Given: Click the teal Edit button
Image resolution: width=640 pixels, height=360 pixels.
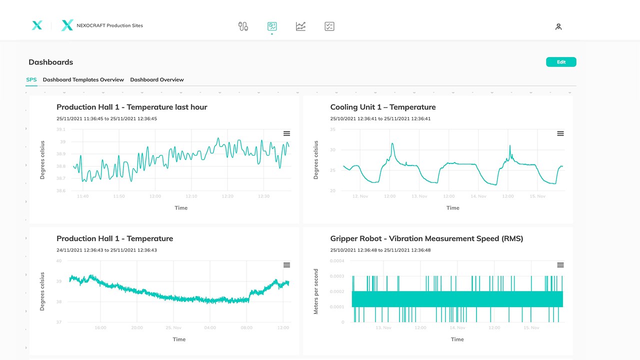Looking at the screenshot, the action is pos(561,62).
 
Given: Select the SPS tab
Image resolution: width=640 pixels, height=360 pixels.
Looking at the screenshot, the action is pos(31,79).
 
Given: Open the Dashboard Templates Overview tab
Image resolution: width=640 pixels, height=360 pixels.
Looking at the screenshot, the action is pos(83,79).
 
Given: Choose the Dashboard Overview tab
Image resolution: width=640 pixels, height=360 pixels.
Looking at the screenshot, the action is pos(157,79).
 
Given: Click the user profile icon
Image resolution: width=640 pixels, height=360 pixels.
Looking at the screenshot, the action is pos(558,26).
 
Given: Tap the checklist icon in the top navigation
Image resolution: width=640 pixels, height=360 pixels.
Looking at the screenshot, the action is pos(329,26).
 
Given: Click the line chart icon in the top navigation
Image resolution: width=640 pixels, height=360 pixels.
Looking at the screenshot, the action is pos(300,26).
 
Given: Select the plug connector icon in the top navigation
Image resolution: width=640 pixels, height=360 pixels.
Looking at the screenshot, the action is pos(243,26).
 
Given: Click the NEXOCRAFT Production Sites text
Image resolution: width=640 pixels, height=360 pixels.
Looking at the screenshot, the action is pos(109,25).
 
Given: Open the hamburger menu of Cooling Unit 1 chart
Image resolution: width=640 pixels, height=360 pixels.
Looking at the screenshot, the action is pos(560,133).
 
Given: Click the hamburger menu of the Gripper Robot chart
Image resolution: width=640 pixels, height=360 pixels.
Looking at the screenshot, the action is pos(560,265).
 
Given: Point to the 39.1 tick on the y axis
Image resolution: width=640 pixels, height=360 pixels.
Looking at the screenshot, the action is pos(61,129).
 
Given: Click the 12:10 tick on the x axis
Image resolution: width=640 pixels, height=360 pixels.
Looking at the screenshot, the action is pos(191,196).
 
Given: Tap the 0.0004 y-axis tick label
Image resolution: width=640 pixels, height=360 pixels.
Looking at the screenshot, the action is pos(337,261).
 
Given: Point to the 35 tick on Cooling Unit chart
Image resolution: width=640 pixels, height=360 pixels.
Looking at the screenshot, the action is pos(332,129).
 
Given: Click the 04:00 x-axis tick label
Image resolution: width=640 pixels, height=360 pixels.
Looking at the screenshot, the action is pos(210,327).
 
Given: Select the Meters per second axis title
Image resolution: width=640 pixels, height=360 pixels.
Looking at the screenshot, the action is pos(315,291).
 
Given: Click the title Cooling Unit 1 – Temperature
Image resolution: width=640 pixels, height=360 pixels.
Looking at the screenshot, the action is pos(383,107).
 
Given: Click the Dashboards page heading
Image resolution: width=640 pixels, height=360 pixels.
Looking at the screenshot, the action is pos(51,62).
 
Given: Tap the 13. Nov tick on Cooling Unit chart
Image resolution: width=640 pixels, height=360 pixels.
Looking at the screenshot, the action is pos(419,196).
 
